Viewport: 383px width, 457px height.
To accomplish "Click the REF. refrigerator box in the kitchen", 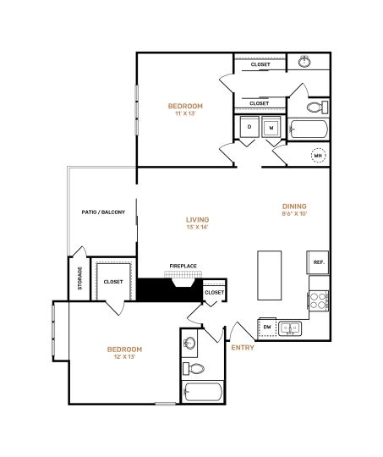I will coord(319,262).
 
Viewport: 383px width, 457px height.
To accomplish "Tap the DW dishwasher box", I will coord(267,327).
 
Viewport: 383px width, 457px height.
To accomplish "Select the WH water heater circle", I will coord(318,156).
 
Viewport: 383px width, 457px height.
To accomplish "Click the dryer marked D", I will coord(249,128).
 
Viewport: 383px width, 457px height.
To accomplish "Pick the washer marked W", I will coord(271,128).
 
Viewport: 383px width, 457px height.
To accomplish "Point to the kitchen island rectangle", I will coord(271,275).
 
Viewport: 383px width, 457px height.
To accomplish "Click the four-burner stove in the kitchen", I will coord(319,301).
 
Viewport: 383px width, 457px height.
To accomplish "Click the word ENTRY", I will coord(242,347).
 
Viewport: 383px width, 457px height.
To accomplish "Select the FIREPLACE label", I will coord(183,267).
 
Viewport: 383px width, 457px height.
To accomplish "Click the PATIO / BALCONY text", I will coord(103,212).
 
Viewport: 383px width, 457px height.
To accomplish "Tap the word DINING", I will coord(294,206).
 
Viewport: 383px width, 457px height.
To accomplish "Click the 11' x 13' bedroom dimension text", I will coord(185,113).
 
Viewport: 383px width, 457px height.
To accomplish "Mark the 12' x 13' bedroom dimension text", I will coord(124,357).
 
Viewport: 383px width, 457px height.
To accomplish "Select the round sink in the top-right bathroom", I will coord(305,62).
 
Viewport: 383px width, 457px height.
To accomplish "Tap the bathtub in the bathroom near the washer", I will coord(308,130).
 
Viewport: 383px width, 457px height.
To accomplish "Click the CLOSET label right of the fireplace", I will coord(215,293).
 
